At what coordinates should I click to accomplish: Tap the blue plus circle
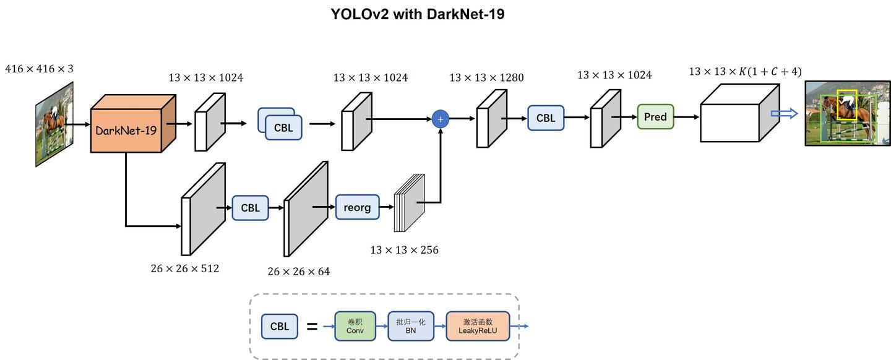click(441, 119)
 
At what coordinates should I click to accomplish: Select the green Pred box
click(655, 117)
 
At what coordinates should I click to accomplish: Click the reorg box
click(357, 207)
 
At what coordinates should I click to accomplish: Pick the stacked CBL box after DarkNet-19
click(283, 127)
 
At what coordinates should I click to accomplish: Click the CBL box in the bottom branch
click(250, 208)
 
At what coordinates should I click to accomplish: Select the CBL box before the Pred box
click(546, 118)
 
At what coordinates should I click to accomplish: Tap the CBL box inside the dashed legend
click(280, 326)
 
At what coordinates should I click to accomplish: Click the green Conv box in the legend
click(355, 326)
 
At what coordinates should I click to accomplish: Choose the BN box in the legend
click(411, 326)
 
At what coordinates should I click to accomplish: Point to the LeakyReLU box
click(478, 326)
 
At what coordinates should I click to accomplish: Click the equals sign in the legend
click(312, 326)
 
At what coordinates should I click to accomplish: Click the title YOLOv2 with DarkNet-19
click(418, 14)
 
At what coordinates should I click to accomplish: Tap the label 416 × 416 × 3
click(39, 69)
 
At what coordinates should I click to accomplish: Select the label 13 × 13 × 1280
click(486, 78)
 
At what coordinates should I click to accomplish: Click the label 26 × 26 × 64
click(299, 272)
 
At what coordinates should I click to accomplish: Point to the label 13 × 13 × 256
click(404, 251)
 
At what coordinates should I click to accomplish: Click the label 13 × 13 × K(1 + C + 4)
click(745, 72)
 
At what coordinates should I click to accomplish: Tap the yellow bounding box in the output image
click(846, 105)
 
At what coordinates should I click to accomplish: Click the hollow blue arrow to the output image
click(784, 114)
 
